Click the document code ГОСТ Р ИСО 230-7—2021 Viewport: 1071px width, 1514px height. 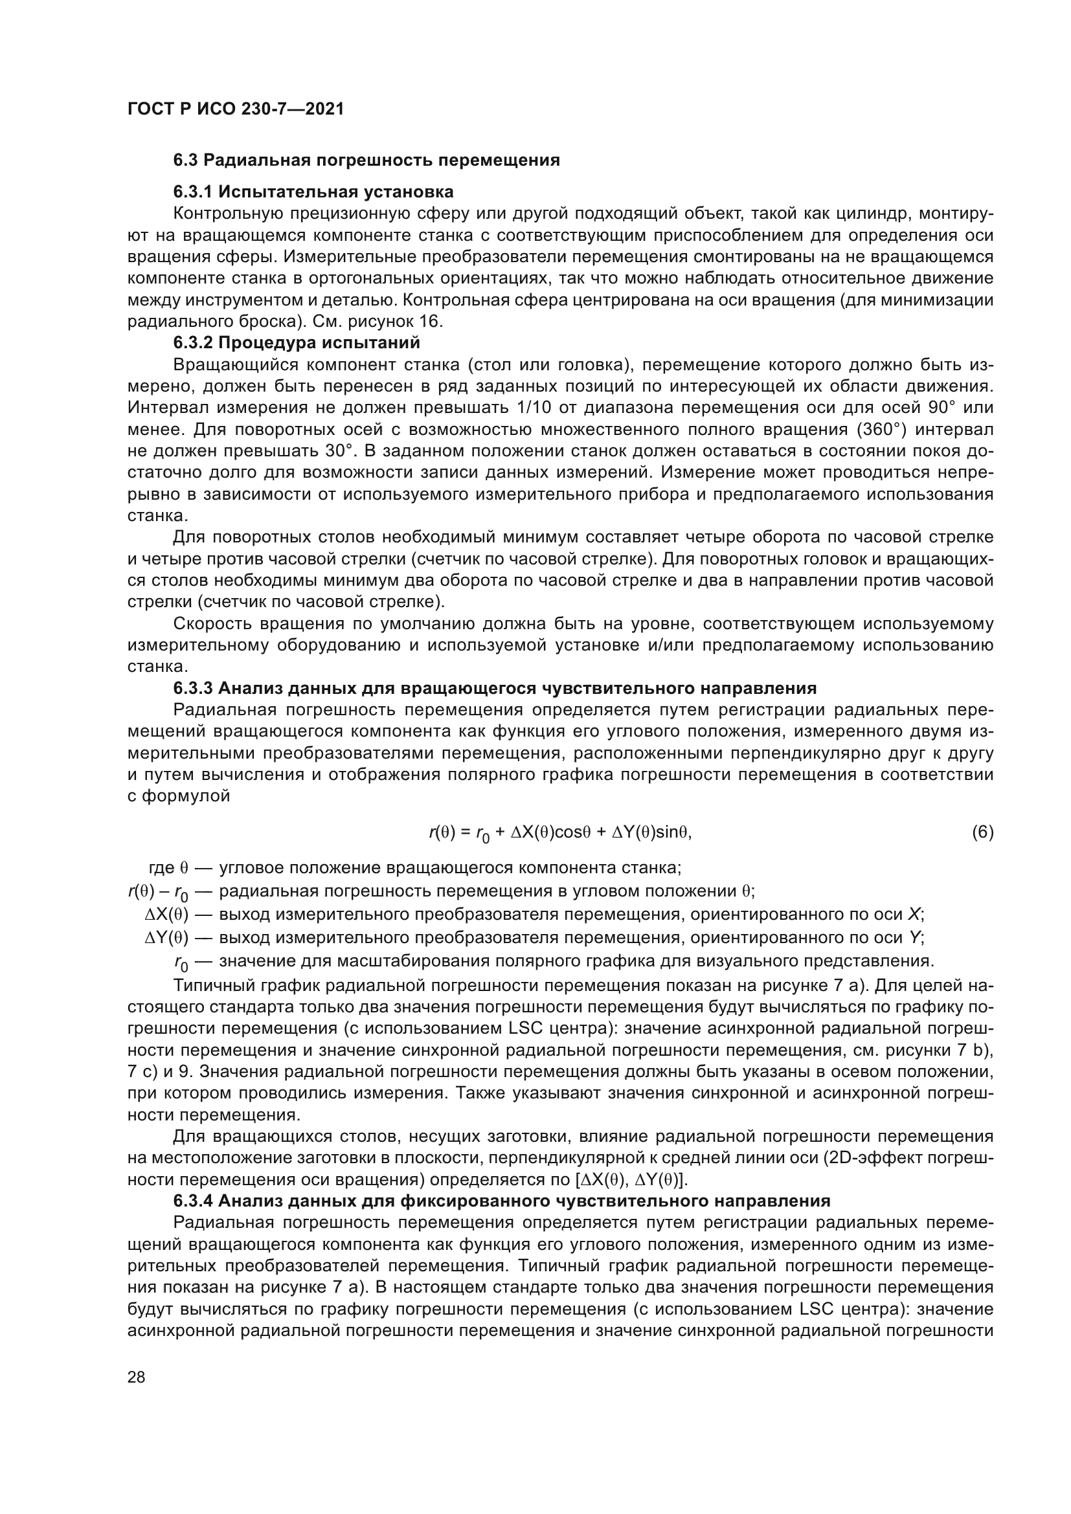(236, 109)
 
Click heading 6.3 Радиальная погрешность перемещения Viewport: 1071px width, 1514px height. (366, 161)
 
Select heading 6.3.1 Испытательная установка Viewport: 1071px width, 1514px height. (313, 192)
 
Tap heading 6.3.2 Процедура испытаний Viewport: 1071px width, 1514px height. (296, 343)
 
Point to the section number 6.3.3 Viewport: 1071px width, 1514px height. (192, 689)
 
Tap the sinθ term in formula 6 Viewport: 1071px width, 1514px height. (673, 833)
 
